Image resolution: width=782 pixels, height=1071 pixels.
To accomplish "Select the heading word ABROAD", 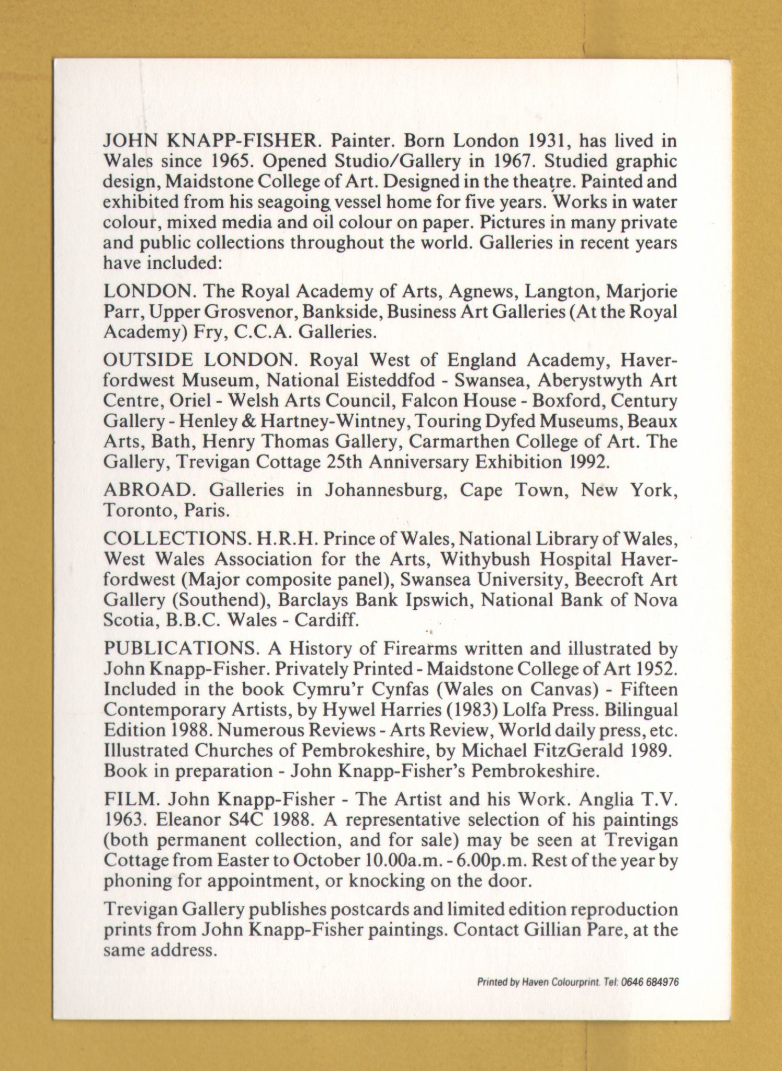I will point(148,490).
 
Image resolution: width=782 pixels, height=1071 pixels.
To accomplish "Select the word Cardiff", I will point(326,620).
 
